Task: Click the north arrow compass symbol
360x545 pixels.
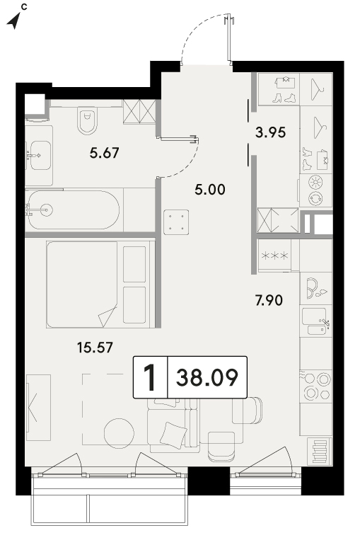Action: (x=14, y=21)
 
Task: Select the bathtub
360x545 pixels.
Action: (x=74, y=210)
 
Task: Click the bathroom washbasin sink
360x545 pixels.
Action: (x=39, y=156)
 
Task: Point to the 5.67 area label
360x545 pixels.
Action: (x=104, y=153)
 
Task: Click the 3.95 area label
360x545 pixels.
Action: (x=270, y=132)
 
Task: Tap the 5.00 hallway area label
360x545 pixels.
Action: (x=209, y=190)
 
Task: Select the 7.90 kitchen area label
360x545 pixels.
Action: (x=269, y=300)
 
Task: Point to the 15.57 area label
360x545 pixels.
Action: (x=95, y=348)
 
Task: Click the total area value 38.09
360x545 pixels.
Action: (x=207, y=377)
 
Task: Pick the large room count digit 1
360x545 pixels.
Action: (x=151, y=377)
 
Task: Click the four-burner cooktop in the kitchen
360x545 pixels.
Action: (x=316, y=386)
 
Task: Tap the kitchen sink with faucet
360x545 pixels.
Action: (x=315, y=321)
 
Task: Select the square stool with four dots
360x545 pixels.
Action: (x=176, y=222)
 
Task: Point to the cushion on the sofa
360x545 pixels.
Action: (x=173, y=435)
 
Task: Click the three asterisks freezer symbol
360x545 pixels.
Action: (x=274, y=256)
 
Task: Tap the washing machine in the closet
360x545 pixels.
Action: (x=315, y=190)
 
